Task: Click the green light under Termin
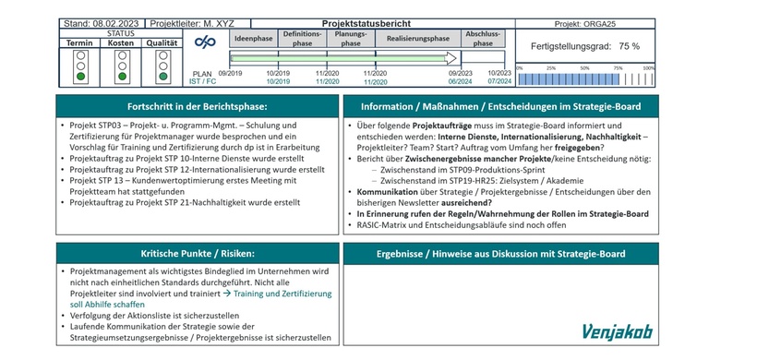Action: [81, 76]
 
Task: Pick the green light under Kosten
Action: [122, 76]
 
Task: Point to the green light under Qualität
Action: [162, 76]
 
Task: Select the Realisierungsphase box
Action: [417, 39]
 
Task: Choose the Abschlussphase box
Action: [483, 39]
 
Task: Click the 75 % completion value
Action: [629, 45]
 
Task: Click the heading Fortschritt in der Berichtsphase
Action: [194, 107]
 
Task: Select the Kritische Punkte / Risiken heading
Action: [192, 253]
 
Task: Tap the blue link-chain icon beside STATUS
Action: [206, 44]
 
